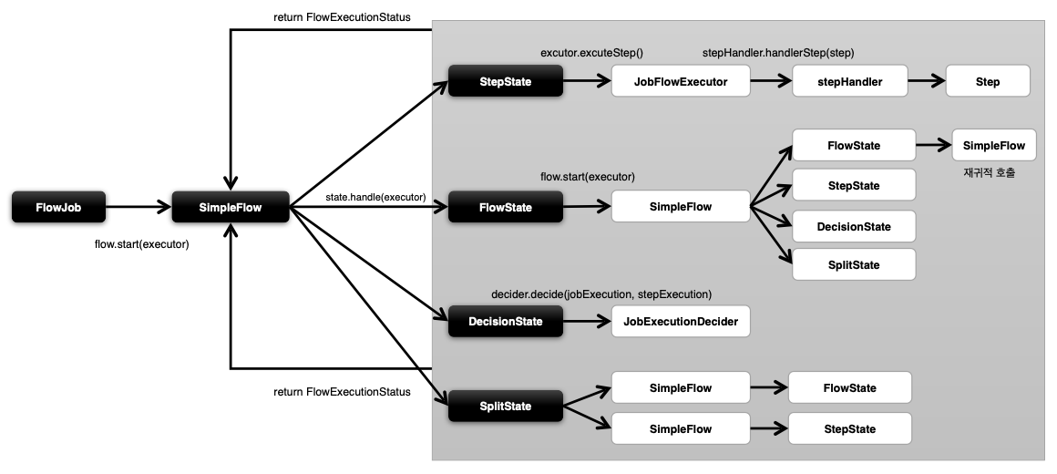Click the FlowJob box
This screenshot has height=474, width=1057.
pyautogui.click(x=58, y=207)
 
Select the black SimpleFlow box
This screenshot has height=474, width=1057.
pyautogui.click(x=231, y=207)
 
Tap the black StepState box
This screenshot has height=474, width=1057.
pyautogui.click(x=506, y=82)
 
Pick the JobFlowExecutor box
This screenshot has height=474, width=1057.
pyautogui.click(x=681, y=82)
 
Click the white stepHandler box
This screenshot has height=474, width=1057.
pyautogui.click(x=850, y=82)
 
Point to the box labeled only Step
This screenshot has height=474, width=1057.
pyautogui.click(x=988, y=82)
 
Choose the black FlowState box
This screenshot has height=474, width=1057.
pyautogui.click(x=506, y=207)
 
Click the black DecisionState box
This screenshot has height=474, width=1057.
pyautogui.click(x=506, y=322)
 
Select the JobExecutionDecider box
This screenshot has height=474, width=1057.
pyautogui.click(x=681, y=322)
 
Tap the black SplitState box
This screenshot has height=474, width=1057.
pyautogui.click(x=506, y=406)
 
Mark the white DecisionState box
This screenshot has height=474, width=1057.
pyautogui.click(x=854, y=227)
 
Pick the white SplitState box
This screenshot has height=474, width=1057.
pyautogui.click(x=854, y=264)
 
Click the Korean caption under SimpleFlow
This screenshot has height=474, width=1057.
pyautogui.click(x=990, y=172)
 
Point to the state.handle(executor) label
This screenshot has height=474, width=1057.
pyautogui.click(x=375, y=198)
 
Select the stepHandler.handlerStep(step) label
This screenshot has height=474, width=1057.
pyautogui.click(x=778, y=53)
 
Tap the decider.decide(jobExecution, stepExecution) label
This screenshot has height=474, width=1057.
pyautogui.click(x=601, y=294)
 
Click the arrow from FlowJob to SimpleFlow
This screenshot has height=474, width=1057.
pyautogui.click(x=139, y=207)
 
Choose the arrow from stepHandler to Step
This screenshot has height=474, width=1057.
pyautogui.click(x=927, y=82)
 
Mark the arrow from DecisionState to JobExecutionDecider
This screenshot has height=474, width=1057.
pyautogui.click(x=587, y=322)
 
